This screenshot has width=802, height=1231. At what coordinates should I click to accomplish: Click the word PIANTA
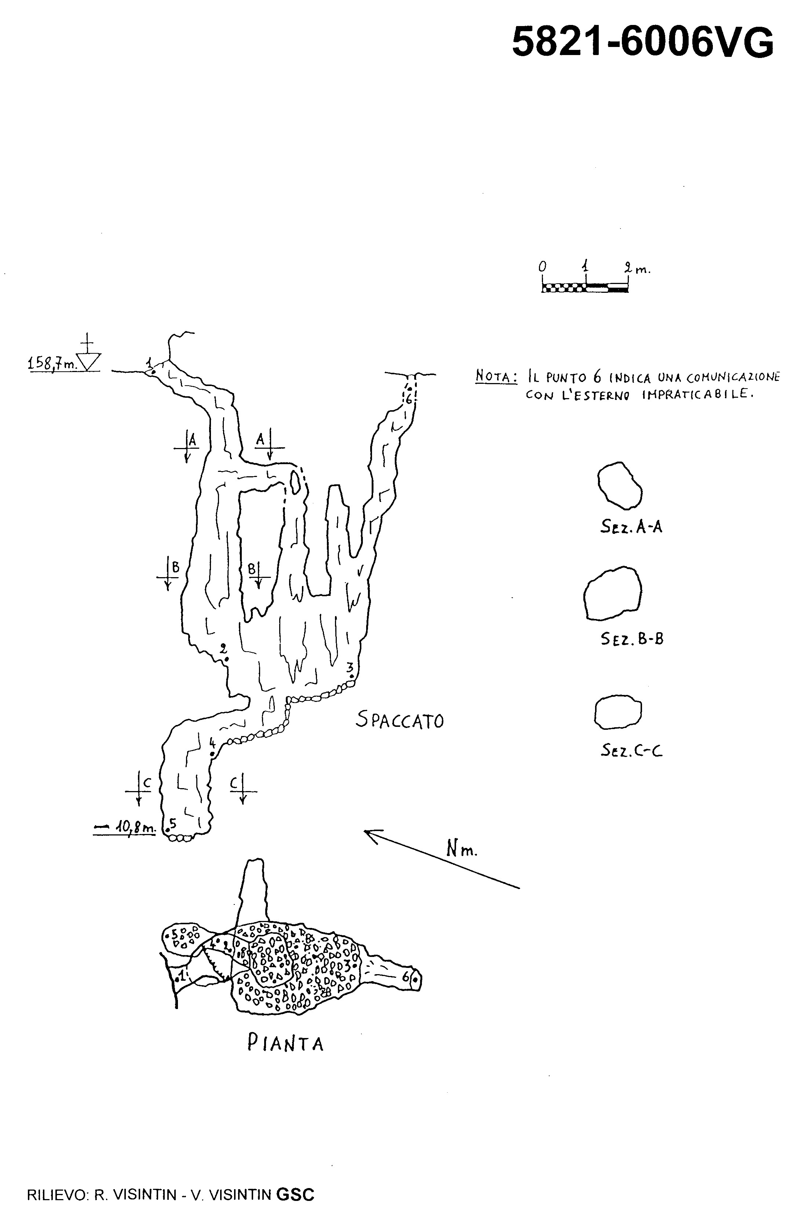tap(285, 1043)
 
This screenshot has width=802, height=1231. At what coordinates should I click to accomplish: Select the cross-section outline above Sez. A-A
tap(619, 485)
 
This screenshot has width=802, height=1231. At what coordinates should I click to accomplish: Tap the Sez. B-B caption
tap(632, 639)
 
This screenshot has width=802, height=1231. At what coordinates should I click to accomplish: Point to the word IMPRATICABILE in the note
tap(696, 395)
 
